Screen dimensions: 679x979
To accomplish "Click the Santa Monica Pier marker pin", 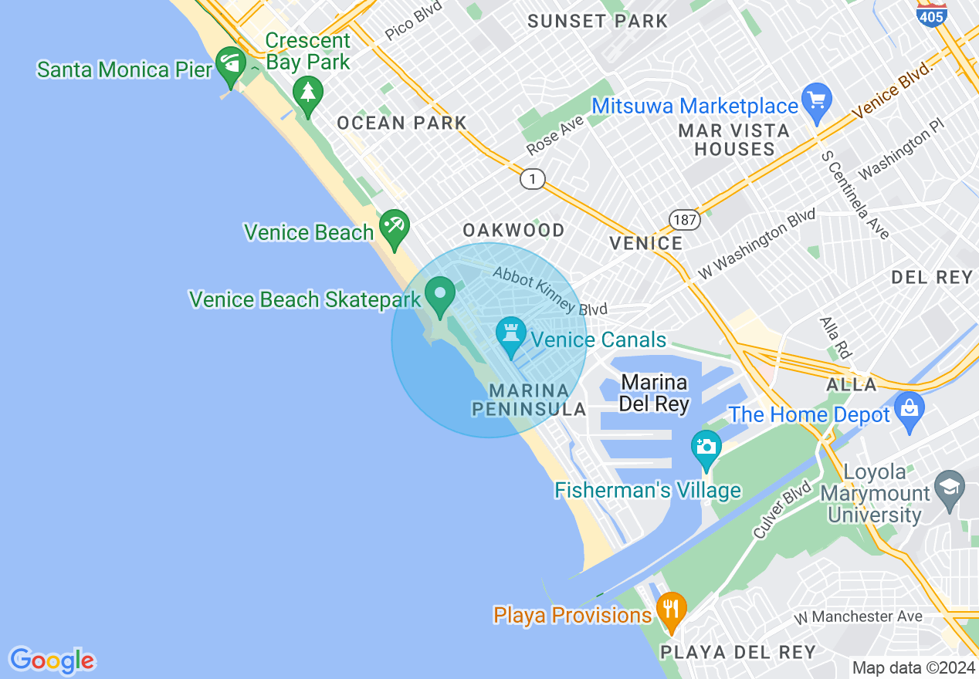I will coord(230,66).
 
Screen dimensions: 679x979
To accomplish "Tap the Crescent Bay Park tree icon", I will coord(308,95).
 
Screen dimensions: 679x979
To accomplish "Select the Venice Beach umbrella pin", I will coord(395,227).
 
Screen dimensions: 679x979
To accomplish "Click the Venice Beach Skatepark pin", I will coord(441,296).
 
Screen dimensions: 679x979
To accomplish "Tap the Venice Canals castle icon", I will coord(510,336).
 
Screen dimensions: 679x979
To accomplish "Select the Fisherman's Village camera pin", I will coord(706,448).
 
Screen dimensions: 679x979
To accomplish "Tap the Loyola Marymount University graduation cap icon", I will coord(949,488).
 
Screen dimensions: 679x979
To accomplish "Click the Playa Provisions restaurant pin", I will coord(671,610).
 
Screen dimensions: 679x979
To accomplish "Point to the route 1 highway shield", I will coord(531,180).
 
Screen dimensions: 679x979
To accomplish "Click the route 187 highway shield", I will coord(684,220).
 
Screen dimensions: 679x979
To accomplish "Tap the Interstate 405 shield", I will coord(932,13).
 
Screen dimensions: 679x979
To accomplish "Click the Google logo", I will coord(52,660).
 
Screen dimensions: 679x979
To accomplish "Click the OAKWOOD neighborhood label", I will coord(513,230).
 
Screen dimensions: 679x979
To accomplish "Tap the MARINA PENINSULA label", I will coord(530,400).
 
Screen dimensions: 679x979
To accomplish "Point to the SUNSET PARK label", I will coord(598,21).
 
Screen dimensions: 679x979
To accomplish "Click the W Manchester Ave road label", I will coord(858,617).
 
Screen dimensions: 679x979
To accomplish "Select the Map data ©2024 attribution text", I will coord(913,667).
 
